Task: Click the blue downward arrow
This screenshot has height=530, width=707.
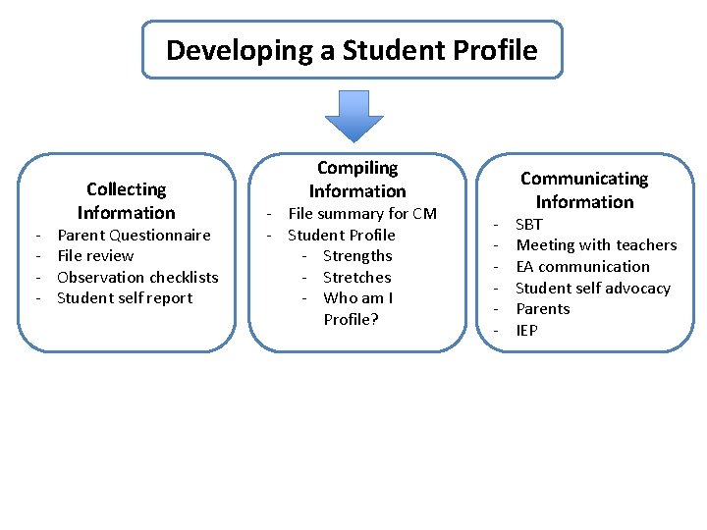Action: point(353,115)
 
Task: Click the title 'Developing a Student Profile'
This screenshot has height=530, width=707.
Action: point(352,50)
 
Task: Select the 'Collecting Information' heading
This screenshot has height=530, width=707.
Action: point(127,201)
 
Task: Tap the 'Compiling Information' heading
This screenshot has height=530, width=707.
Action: point(357,180)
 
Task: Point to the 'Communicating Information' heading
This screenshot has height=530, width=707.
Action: point(584,190)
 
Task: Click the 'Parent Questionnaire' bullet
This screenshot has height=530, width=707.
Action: point(134,235)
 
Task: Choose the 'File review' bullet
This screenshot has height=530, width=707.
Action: point(95,256)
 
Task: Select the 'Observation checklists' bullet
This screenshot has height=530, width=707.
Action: point(137,277)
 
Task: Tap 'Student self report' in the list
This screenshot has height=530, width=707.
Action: point(125,298)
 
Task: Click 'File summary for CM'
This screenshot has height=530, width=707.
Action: point(361,214)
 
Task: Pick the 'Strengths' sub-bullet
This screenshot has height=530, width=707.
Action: point(357,256)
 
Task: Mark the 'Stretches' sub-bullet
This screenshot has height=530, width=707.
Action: point(356,277)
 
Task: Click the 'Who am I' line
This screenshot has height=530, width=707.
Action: point(357,298)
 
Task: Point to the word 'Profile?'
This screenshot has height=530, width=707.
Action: point(351,320)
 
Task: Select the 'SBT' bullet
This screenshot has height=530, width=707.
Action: point(529,224)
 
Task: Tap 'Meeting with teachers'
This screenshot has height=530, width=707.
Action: point(596,245)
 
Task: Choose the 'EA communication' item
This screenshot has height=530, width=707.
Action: point(582,267)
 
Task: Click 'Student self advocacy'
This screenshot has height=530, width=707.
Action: point(592,289)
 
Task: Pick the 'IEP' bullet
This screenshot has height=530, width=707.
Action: point(527,331)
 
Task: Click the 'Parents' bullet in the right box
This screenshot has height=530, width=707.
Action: point(543,309)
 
